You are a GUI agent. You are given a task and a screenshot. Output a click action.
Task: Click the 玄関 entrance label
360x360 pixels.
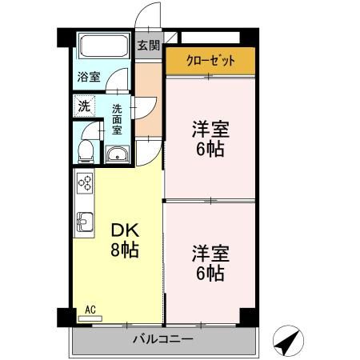point(147,46)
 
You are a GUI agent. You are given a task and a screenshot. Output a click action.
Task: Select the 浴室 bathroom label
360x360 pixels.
point(89,77)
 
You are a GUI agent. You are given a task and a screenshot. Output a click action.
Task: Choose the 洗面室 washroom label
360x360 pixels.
point(117,118)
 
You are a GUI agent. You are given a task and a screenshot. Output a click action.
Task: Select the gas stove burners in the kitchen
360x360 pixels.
point(85,183)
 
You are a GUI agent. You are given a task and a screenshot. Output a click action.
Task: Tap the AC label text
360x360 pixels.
point(90,308)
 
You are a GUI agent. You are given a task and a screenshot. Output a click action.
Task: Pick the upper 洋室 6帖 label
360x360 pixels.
point(210,138)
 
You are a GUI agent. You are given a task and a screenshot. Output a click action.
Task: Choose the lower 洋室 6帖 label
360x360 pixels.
point(210,263)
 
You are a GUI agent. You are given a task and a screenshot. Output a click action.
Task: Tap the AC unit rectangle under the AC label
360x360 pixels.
point(90,318)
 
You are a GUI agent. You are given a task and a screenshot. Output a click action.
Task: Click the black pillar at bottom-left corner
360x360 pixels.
point(64,317)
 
